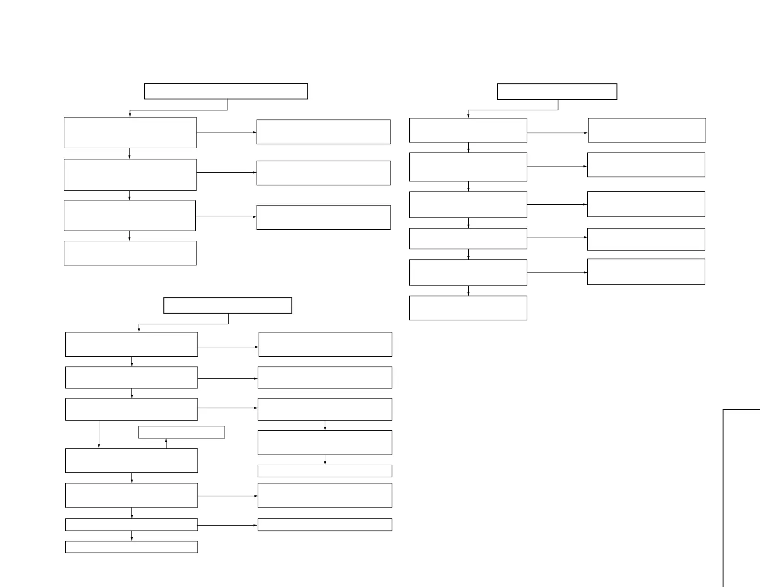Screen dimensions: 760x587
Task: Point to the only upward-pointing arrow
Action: [166, 443]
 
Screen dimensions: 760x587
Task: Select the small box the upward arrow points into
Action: [181, 432]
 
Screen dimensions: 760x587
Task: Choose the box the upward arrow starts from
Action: [131, 460]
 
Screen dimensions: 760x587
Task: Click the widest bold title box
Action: [226, 91]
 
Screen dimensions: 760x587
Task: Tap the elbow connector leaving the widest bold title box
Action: [178, 110]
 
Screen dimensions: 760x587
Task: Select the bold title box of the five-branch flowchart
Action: [557, 91]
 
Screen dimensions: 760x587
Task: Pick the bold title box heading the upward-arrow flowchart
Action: [227, 305]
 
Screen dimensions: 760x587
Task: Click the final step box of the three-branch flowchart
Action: [130, 253]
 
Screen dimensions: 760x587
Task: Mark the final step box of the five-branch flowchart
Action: [468, 308]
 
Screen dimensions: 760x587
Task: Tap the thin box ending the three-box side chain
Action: [325, 471]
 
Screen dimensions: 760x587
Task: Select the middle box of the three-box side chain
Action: [325, 442]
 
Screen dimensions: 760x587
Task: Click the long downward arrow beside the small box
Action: [99, 434]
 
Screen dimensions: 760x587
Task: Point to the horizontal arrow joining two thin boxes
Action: [227, 525]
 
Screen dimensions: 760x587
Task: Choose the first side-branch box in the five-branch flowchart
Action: [647, 130]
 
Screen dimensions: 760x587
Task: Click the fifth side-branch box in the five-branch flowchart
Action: [646, 272]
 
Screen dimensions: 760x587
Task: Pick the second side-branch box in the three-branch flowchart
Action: [323, 173]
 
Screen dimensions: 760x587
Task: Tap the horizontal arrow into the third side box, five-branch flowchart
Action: [557, 204]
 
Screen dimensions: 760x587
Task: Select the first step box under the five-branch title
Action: [468, 130]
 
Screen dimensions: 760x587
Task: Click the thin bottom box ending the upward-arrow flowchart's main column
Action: [131, 547]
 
